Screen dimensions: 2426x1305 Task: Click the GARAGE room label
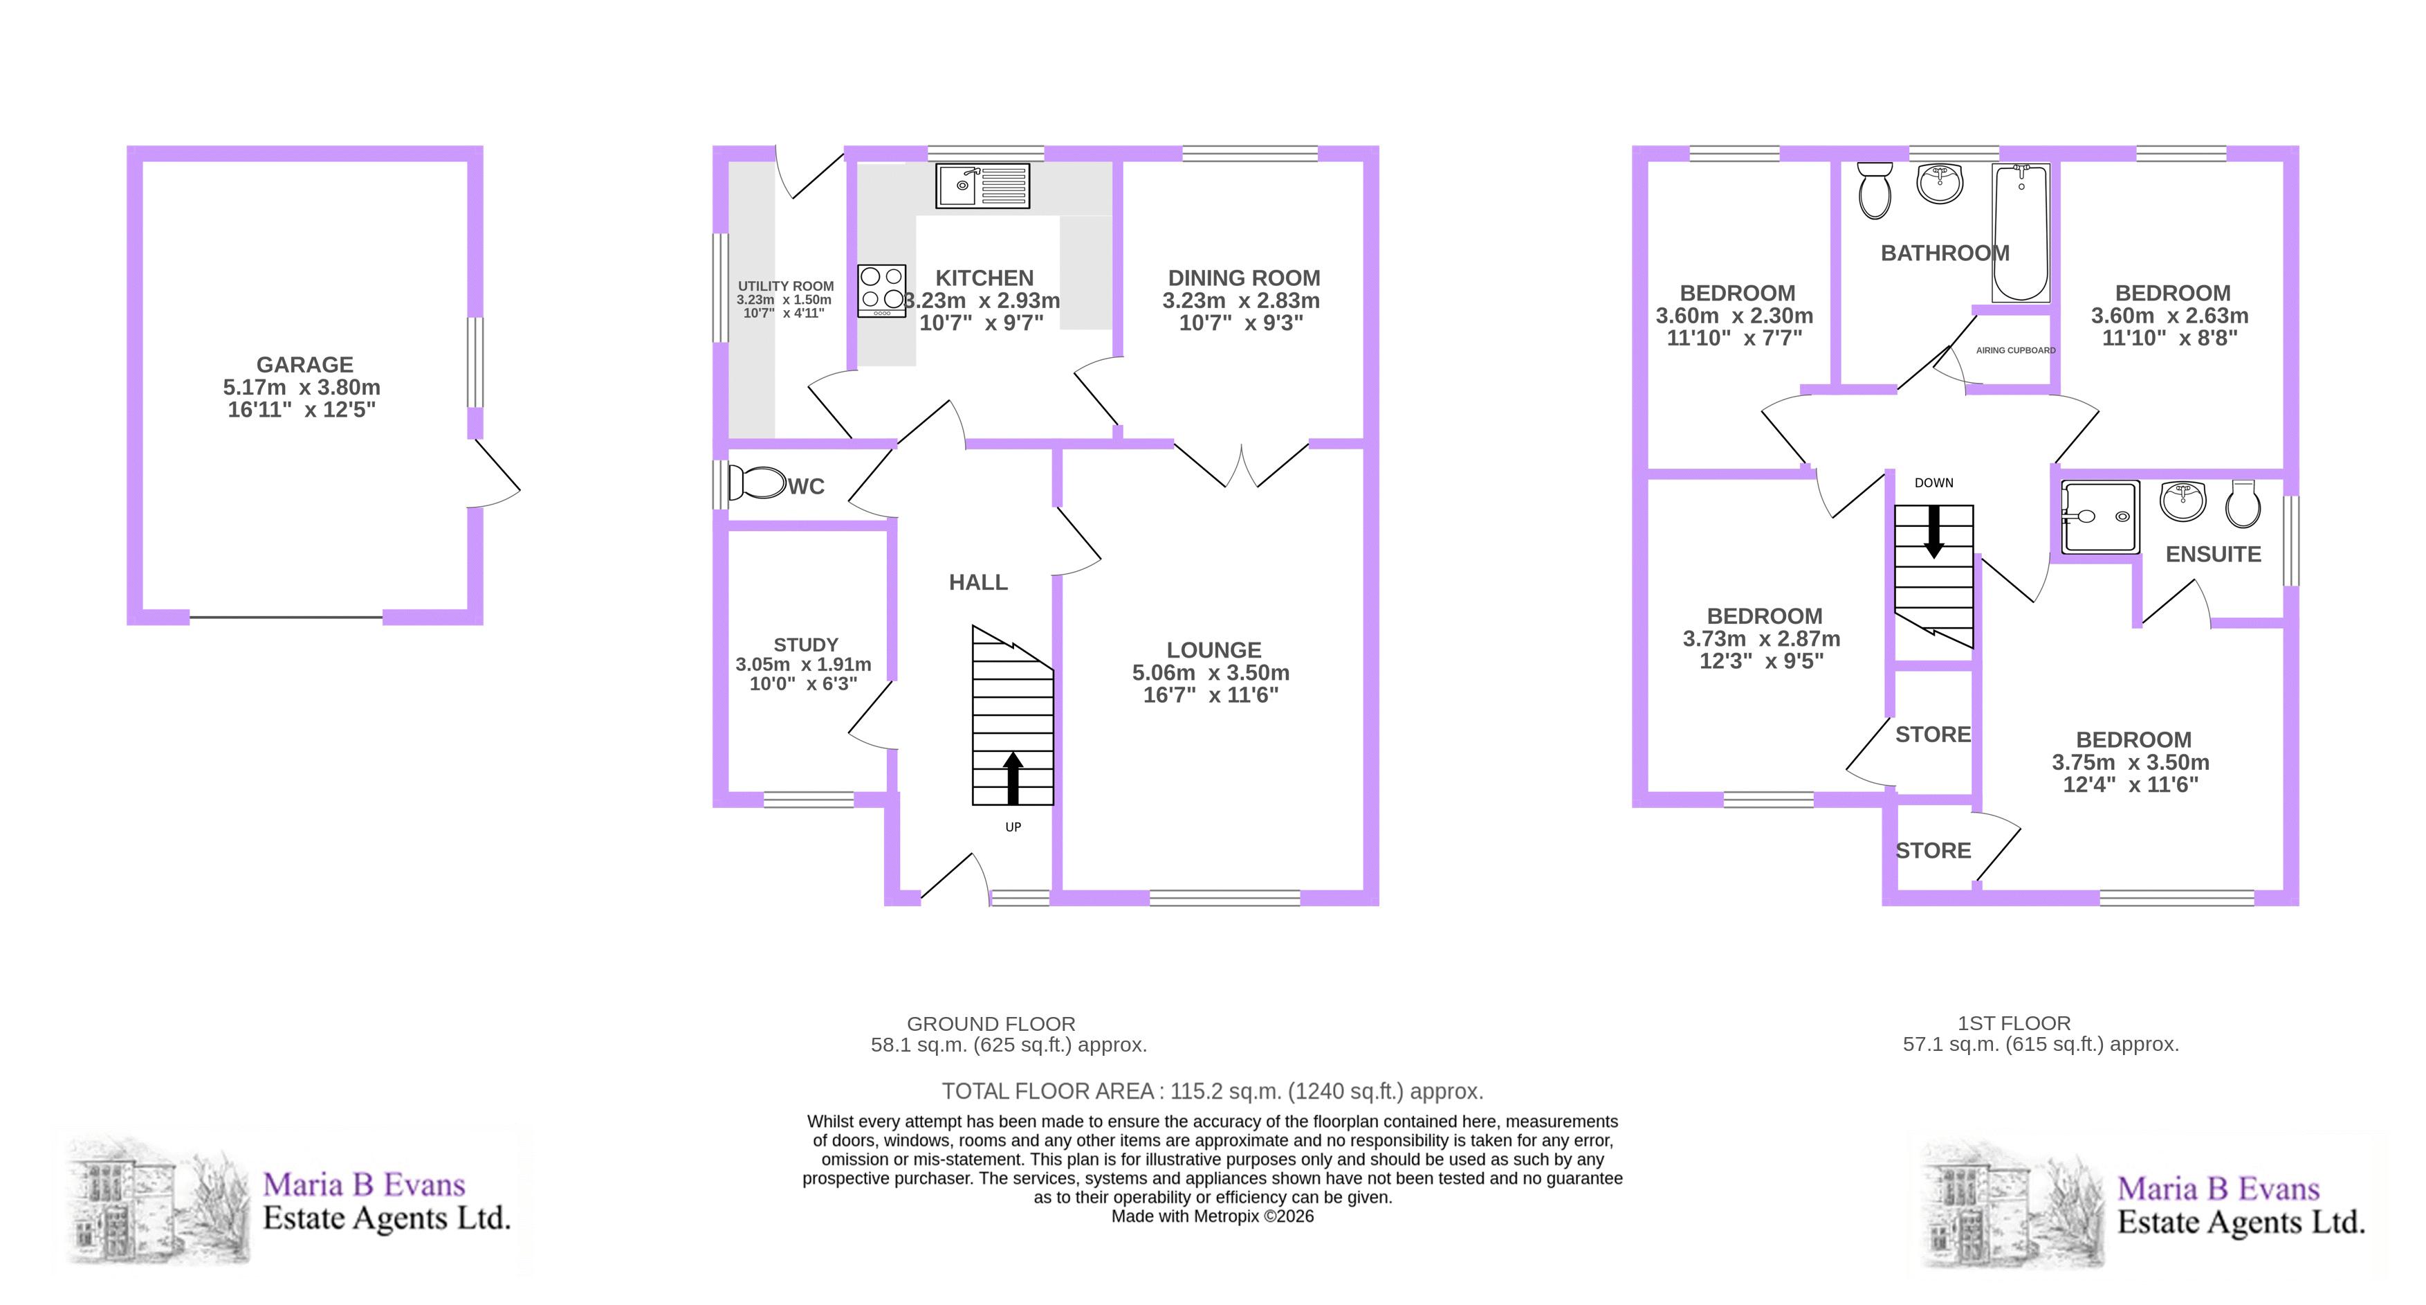304,365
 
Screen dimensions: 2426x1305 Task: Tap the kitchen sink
982,186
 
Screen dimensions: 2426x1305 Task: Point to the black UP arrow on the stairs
1013,778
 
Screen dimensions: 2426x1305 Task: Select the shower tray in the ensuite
2100,517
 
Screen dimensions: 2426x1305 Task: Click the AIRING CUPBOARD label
2015,350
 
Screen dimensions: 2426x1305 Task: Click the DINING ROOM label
1244,278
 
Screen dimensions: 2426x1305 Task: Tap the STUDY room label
805,645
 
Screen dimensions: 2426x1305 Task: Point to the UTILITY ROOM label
785,285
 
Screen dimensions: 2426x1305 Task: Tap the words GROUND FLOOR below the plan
991,1023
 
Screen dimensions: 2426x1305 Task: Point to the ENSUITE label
2213,554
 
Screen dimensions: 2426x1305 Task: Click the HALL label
977,582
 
